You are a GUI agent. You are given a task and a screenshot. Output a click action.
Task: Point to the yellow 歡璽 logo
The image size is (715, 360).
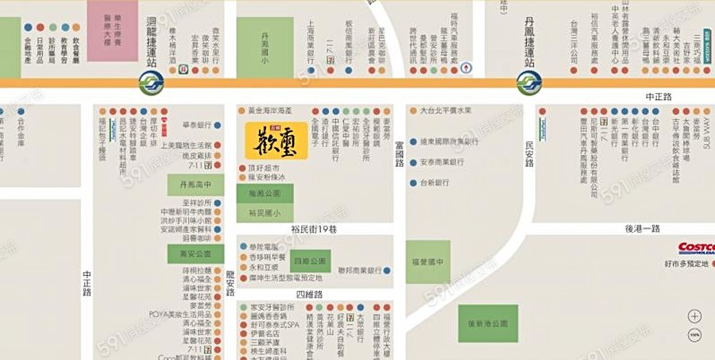tap(276, 140)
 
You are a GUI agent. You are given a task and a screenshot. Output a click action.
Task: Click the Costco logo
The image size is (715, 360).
tap(696, 249)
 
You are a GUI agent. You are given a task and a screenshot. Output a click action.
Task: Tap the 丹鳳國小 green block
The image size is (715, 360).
tap(265, 47)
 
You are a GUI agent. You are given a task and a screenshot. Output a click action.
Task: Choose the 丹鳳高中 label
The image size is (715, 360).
tap(195, 186)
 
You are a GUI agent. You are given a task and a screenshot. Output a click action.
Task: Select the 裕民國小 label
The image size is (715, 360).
tap(265, 213)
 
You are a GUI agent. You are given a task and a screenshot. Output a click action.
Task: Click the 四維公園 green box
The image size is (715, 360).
tap(310, 261)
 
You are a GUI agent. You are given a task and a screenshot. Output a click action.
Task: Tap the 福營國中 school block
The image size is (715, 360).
tap(427, 262)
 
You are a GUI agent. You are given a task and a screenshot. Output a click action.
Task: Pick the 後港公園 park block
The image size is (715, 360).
tap(487, 323)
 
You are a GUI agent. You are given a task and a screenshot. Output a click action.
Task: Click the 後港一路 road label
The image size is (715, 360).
tap(643, 229)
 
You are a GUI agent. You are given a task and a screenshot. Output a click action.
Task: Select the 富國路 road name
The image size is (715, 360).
tap(400, 153)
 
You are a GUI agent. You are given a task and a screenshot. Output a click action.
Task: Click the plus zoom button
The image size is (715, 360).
tap(695, 315)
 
